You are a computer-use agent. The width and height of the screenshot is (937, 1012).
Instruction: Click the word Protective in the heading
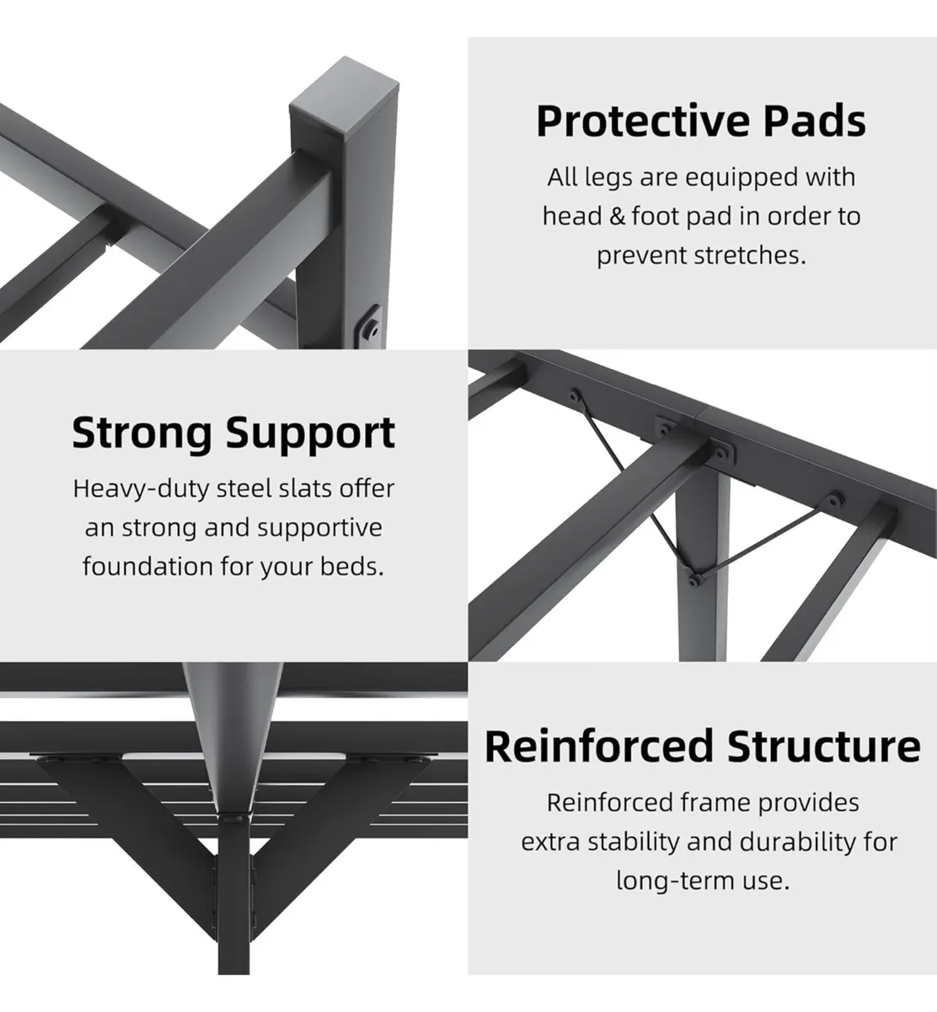point(644,121)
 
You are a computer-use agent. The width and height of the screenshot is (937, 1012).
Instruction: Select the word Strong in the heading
point(142,433)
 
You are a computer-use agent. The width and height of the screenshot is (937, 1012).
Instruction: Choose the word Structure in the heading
point(823,746)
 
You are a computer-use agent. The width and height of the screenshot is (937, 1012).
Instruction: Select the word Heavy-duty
point(141,489)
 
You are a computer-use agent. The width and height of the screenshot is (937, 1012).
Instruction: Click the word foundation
point(147,566)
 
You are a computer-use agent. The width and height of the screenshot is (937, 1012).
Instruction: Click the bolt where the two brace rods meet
point(693,579)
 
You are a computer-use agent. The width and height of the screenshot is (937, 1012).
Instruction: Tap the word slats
point(308,488)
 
